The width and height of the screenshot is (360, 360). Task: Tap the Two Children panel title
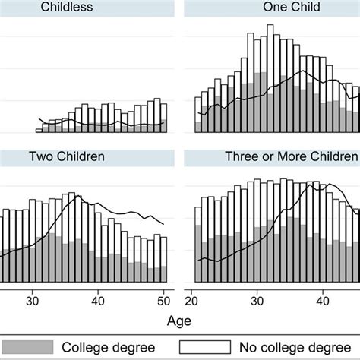67,157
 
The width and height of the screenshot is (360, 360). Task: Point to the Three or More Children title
291,157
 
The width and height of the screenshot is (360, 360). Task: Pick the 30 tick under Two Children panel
33,298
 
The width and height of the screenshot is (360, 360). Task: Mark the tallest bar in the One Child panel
270,79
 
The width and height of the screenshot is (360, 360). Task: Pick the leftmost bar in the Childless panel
40,125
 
